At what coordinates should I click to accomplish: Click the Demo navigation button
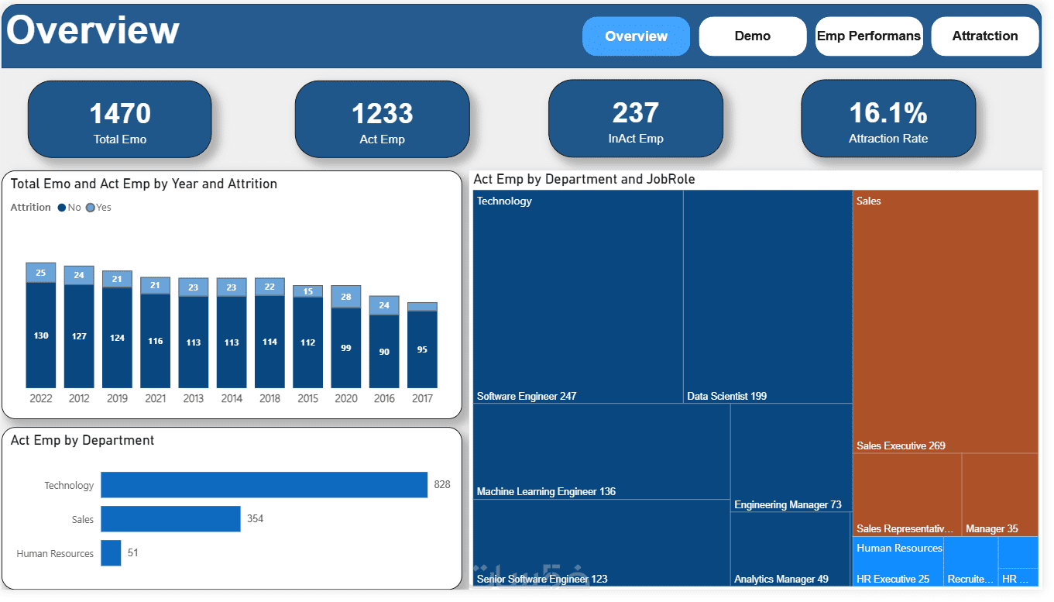[x=752, y=36]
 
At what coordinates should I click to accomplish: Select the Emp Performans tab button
[x=868, y=36]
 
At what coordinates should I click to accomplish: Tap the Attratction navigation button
[x=984, y=36]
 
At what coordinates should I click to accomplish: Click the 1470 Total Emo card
[x=120, y=119]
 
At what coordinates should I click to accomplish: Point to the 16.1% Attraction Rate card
[x=887, y=119]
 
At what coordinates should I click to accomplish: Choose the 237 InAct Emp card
[x=635, y=119]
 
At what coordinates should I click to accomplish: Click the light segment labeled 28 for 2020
[x=345, y=297]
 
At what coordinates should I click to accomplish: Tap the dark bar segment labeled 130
[x=41, y=335]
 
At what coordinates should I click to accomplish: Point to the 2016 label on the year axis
[x=383, y=398]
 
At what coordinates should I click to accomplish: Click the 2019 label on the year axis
[x=117, y=398]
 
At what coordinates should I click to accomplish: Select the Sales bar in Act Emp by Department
[x=170, y=519]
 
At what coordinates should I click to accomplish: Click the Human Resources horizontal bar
[x=111, y=553]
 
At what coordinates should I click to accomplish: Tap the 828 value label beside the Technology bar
[x=442, y=485]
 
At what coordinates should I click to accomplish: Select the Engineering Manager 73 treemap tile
[x=791, y=457]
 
